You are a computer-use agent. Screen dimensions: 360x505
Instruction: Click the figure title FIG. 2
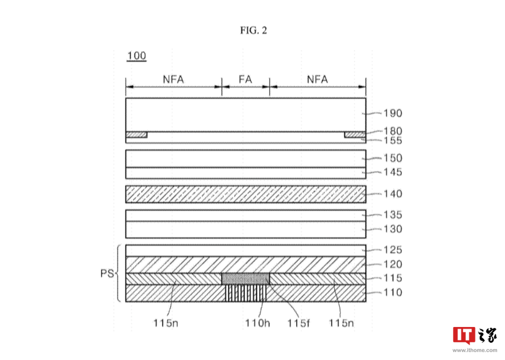tap(253, 30)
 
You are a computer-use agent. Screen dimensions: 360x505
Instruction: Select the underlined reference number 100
tap(136, 56)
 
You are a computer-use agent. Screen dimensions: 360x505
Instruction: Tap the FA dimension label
tap(245, 80)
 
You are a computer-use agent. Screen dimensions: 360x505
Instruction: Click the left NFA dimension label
tap(173, 80)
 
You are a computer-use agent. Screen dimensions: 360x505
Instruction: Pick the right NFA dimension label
tap(318, 80)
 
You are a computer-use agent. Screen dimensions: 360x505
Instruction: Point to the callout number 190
tap(393, 114)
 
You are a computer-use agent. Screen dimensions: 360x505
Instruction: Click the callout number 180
tap(393, 131)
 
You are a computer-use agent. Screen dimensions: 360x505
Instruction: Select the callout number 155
tap(393, 141)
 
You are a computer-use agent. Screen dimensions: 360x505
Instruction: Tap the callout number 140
tap(393, 194)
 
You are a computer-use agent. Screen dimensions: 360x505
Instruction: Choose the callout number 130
tap(393, 229)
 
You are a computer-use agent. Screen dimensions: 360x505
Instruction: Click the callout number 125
tap(393, 250)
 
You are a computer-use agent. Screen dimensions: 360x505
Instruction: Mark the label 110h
tap(258, 323)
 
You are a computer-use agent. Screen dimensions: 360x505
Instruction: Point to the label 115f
tap(299, 323)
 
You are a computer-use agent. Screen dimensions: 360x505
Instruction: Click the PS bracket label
tap(106, 274)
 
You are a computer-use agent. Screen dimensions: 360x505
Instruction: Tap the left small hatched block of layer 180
tap(136, 135)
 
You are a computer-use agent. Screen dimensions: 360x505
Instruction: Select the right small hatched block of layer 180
tap(355, 135)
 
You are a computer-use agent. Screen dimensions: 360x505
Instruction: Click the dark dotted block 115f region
tap(245, 279)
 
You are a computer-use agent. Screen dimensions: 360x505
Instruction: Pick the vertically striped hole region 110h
tap(245, 293)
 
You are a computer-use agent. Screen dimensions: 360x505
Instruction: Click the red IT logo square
tap(464, 336)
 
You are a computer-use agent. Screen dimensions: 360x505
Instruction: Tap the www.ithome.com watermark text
tap(475, 350)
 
